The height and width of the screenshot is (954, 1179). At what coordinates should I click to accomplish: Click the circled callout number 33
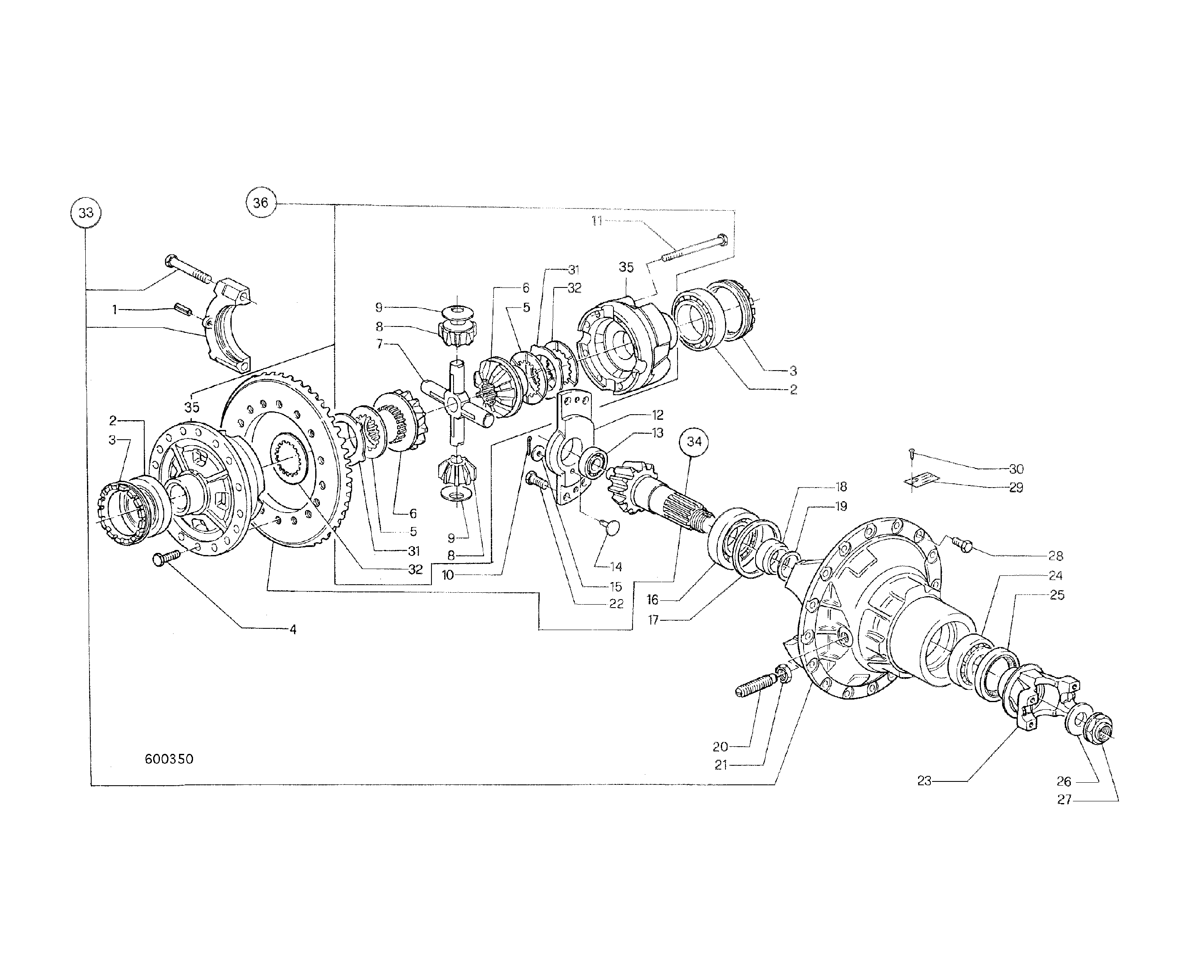[x=86, y=213]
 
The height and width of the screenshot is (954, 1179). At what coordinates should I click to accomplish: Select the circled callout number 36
[x=260, y=202]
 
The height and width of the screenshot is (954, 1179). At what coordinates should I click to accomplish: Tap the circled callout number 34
[x=694, y=441]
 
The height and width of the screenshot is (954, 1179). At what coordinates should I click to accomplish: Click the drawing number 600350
[x=169, y=759]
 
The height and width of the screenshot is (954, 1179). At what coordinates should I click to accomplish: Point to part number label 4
[x=293, y=629]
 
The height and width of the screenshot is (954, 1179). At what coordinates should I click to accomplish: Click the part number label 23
[x=924, y=780]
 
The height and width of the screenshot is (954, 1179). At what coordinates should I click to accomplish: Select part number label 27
[x=1064, y=800]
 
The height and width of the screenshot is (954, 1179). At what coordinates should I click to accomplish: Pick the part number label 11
[x=597, y=221]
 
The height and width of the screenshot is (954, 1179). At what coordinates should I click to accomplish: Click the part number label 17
[x=653, y=620]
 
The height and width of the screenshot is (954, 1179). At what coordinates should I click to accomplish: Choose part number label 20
[x=720, y=746]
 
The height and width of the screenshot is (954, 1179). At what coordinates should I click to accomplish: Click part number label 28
[x=1056, y=555]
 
